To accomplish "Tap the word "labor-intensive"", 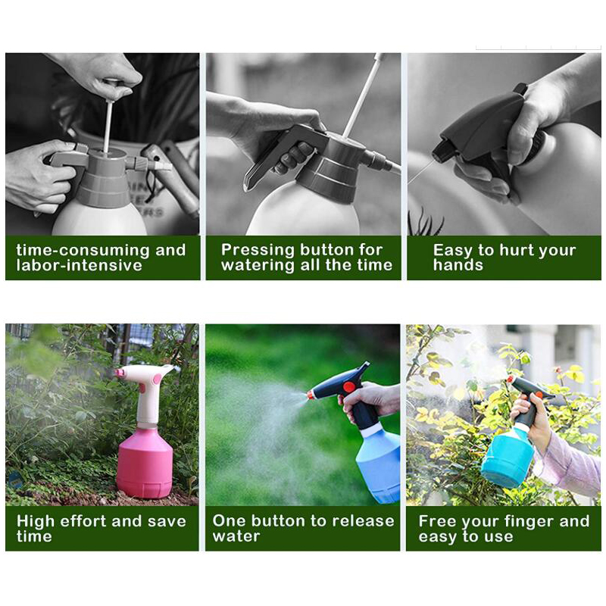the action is click(80, 266).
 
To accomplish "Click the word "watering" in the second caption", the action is click(258, 266).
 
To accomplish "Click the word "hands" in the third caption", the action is click(458, 265).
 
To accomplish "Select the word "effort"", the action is click(83, 521).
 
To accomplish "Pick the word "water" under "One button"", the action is click(236, 536).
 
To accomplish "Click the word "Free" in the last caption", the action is click(437, 521).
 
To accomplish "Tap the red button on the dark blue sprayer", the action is click(349, 386).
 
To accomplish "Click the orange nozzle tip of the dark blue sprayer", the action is click(311, 395).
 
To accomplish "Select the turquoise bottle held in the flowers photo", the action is click(506, 458).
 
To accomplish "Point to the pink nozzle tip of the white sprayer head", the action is click(120, 373).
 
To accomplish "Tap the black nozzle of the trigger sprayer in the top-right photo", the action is click(440, 153).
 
